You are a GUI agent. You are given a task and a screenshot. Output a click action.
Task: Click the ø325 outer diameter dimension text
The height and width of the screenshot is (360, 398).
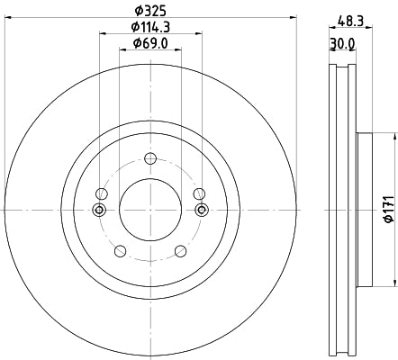(149, 12)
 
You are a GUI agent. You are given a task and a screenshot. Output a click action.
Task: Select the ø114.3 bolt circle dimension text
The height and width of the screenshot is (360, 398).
(149, 28)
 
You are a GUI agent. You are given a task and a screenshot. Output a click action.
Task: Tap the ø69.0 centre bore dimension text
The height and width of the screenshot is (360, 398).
(149, 43)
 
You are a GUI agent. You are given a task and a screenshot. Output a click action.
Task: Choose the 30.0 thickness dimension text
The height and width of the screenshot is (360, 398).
(342, 43)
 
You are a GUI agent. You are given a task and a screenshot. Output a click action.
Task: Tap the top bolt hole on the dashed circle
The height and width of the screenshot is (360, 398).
(149, 162)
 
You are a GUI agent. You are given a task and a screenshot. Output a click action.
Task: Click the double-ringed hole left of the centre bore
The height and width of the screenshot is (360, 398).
(99, 210)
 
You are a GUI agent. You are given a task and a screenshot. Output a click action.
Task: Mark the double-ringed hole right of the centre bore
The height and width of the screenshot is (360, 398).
(201, 210)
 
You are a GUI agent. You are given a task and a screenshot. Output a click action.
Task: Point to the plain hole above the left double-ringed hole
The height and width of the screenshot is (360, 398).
(102, 193)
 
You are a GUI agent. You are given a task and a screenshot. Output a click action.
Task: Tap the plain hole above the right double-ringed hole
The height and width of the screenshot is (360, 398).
(198, 193)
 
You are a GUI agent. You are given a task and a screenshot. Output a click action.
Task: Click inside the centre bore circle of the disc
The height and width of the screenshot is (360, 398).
(149, 210)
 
